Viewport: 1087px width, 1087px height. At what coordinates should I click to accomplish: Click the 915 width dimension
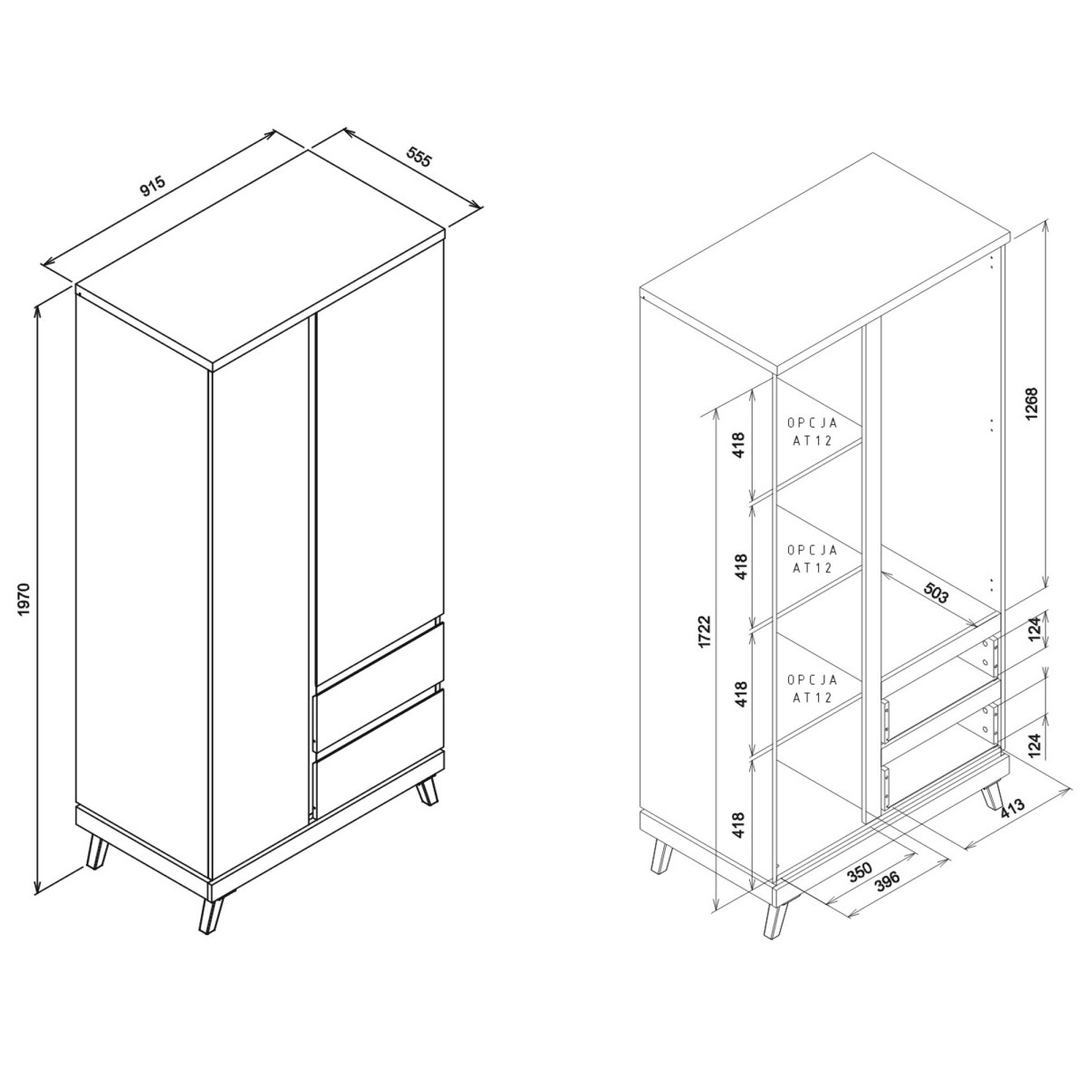(x=153, y=187)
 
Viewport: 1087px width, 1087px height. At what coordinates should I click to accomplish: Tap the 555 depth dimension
(x=418, y=157)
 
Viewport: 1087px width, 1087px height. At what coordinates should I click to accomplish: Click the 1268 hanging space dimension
(x=1031, y=404)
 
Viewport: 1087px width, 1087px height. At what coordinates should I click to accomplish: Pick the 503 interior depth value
(x=936, y=592)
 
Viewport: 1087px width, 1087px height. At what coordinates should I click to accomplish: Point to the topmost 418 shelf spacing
(x=741, y=445)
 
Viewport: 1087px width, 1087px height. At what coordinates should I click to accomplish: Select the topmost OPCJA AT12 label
(x=813, y=431)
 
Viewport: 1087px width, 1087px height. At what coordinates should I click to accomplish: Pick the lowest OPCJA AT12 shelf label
(x=813, y=688)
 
